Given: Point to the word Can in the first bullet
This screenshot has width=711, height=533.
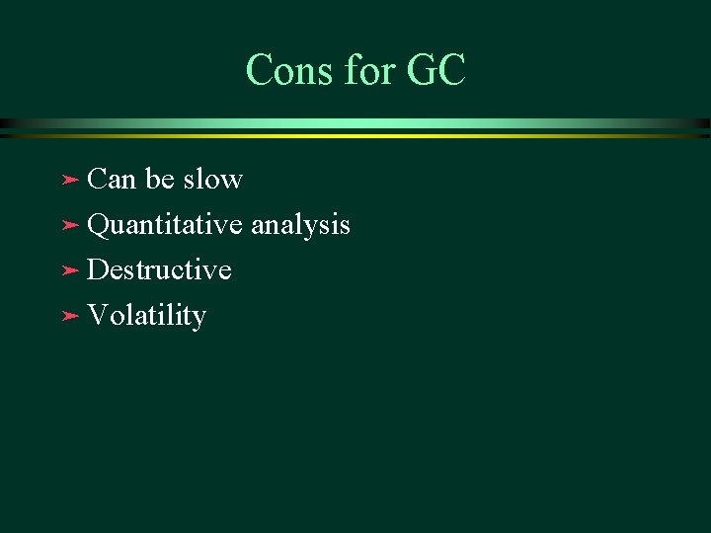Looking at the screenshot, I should (112, 180).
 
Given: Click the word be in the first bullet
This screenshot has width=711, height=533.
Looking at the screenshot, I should (160, 180).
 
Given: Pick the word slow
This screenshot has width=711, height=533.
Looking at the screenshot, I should (212, 180).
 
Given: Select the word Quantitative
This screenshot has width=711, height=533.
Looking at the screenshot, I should (165, 226).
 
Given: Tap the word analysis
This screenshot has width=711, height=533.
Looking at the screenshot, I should (300, 226).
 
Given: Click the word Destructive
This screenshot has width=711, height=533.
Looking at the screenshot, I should (159, 270).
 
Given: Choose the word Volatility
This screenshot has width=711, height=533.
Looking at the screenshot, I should (146, 317).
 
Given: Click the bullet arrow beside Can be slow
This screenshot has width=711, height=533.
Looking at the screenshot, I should (69, 181).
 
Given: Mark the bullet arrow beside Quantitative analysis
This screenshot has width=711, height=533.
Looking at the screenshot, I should (69, 226).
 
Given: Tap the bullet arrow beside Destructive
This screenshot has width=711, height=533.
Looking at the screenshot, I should (69, 271).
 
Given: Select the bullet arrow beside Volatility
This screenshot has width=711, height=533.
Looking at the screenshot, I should (69, 317).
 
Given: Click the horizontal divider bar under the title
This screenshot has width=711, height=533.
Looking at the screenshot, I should (355, 126).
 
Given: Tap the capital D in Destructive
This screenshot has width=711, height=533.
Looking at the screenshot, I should (98, 270).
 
